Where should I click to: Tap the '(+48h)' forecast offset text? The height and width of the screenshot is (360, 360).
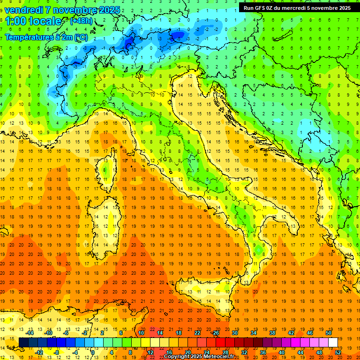point(81,21)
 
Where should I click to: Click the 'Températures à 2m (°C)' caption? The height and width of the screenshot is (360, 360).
point(46,37)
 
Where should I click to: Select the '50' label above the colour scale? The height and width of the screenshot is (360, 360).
point(328,333)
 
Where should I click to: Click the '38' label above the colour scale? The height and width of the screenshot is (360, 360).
point(272,333)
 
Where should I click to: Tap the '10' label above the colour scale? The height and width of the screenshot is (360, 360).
point(141,333)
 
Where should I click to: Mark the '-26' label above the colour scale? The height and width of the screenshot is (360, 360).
point(215,333)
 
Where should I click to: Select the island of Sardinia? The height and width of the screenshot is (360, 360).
point(105,220)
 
